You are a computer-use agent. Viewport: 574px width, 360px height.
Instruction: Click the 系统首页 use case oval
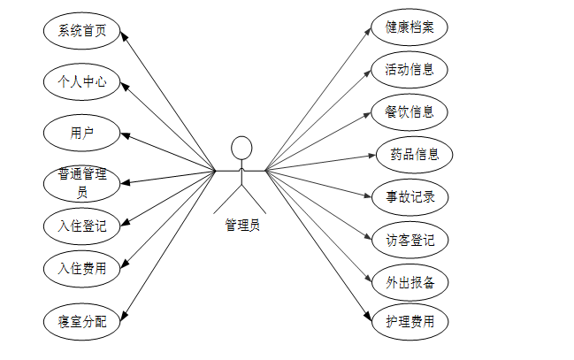(x=81, y=32)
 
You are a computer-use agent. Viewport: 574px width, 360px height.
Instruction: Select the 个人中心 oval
(x=81, y=82)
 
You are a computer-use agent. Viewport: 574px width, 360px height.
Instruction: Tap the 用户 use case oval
(x=81, y=134)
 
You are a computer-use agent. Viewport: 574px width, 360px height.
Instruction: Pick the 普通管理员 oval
(x=81, y=182)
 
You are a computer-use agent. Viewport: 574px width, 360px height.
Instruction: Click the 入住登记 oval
(x=81, y=226)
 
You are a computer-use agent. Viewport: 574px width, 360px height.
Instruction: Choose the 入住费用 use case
(x=81, y=268)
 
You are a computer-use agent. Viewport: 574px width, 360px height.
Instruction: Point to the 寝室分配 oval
(x=81, y=320)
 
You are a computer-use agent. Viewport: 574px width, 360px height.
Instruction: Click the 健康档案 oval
(x=409, y=27)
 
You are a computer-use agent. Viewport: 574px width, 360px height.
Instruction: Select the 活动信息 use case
(x=409, y=69)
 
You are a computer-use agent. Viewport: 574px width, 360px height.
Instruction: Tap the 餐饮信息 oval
(x=409, y=111)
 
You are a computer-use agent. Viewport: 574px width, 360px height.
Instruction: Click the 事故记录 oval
(x=409, y=196)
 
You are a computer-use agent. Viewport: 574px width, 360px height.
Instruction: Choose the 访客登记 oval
(x=409, y=240)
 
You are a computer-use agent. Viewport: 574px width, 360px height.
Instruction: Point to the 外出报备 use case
(x=409, y=282)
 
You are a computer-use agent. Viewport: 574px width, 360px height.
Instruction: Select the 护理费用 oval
(x=409, y=321)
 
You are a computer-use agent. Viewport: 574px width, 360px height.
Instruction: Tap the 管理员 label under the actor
(x=241, y=225)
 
